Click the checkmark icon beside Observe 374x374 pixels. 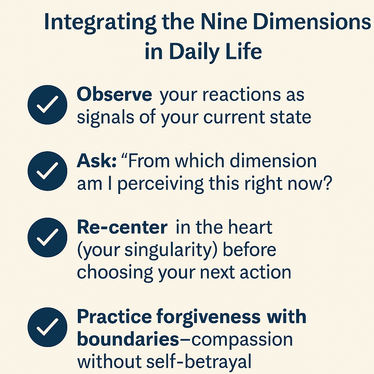tap(47, 105)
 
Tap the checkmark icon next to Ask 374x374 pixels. tap(47, 171)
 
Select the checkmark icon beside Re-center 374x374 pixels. tap(47, 237)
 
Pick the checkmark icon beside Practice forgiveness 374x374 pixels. tap(47, 327)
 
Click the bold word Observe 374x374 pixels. tap(114, 95)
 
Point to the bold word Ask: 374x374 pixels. tap(96, 161)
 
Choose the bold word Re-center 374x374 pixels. tap(122, 227)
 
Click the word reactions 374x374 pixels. tap(242, 95)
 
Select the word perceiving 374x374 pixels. tap(161, 184)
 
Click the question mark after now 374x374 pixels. tap(328, 183)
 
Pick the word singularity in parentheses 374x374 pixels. tap(168, 250)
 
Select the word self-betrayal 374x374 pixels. tap(199, 362)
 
